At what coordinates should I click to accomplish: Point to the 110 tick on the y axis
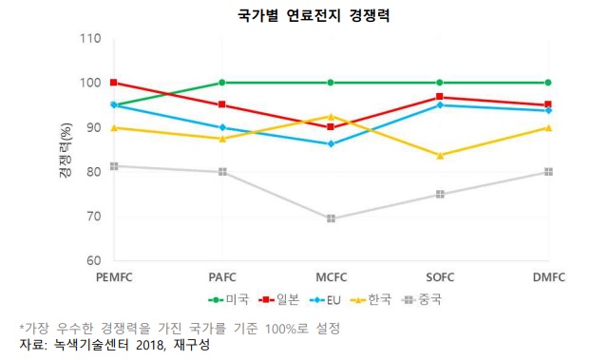[x=90, y=39]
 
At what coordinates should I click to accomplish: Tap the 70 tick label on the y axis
[x=93, y=217]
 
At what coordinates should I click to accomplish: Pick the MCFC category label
[x=330, y=276]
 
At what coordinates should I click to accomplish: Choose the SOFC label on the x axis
[x=439, y=276]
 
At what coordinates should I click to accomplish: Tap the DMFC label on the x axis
[x=547, y=276]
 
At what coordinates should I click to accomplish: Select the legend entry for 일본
[x=284, y=298]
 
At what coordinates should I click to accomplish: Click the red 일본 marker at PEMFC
[x=113, y=83]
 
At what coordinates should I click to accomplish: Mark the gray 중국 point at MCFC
[x=331, y=218]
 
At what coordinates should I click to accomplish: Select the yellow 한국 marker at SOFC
[x=439, y=155]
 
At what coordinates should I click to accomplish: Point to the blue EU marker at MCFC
[x=331, y=143]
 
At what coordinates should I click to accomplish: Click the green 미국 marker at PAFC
[x=222, y=83]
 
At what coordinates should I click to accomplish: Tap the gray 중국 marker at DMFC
[x=548, y=172]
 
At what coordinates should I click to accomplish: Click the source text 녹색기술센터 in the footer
[x=84, y=345]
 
